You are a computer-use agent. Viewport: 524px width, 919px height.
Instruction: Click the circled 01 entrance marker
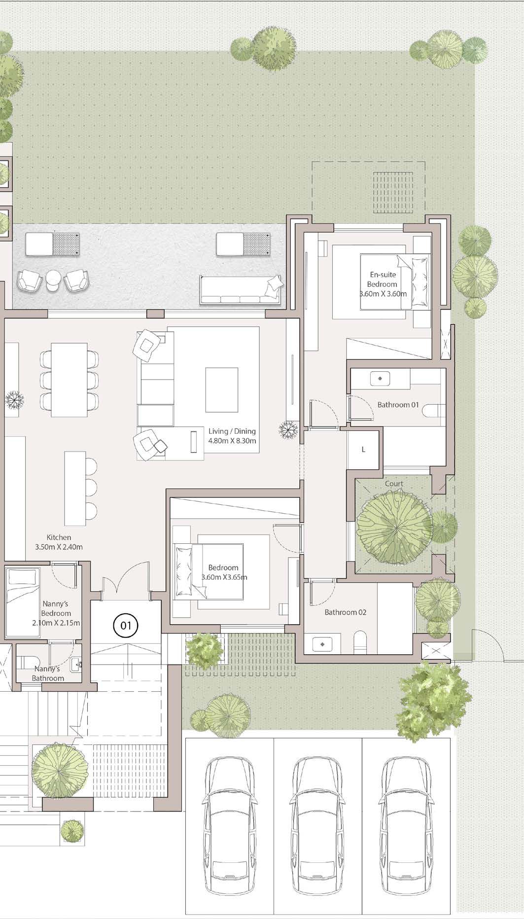point(126,626)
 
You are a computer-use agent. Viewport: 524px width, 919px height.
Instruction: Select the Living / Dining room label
point(232,436)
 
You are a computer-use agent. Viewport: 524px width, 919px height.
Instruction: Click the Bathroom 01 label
point(398,405)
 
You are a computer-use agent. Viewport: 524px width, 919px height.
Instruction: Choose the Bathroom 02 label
point(346,612)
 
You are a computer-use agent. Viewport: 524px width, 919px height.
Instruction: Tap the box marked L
point(363,450)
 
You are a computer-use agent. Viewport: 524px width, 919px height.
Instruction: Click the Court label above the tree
point(394,484)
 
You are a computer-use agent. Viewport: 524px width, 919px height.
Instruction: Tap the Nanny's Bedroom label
point(56,613)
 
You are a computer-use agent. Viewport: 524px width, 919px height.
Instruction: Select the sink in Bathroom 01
point(381,379)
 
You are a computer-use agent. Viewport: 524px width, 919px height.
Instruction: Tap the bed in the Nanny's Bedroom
point(22,602)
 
